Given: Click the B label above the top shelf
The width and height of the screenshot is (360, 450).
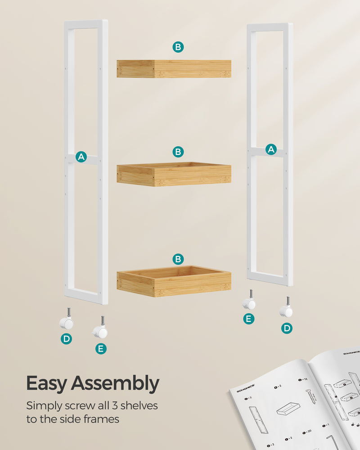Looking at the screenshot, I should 178,46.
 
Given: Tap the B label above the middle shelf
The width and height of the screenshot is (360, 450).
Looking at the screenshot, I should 178,152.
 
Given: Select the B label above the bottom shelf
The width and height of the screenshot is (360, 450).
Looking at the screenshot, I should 178,259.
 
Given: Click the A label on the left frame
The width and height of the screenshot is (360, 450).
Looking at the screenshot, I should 81,157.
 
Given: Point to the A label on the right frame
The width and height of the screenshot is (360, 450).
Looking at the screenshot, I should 271,149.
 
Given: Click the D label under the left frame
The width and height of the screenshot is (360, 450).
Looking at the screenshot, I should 67,339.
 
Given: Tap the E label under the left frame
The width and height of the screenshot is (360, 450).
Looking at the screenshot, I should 101,348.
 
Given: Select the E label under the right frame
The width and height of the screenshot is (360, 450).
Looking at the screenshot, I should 248,319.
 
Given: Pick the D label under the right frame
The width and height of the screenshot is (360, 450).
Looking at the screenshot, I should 287,328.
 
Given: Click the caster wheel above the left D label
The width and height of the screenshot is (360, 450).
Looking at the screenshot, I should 67,322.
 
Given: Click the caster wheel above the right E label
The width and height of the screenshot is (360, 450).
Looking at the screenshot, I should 249,303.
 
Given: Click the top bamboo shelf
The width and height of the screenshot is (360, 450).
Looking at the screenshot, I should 174,69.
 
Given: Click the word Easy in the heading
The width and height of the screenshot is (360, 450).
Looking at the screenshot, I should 47,384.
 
